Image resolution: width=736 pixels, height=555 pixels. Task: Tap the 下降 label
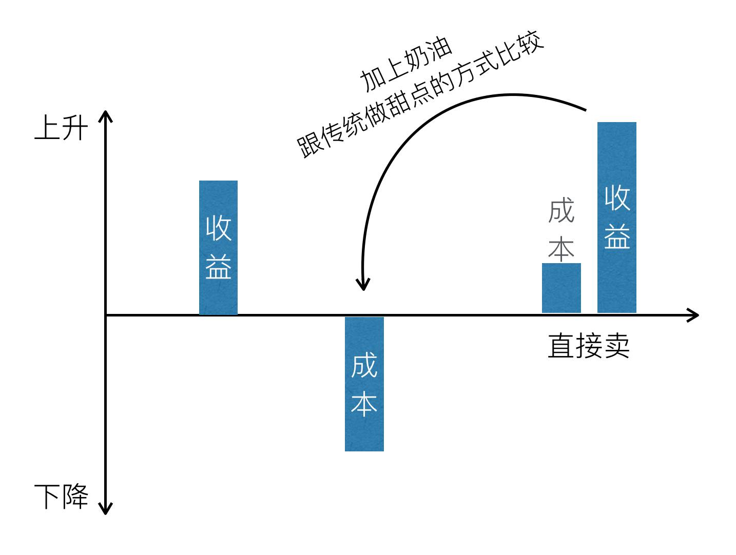click(x=61, y=497)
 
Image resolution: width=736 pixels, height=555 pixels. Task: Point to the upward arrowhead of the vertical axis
click(x=105, y=115)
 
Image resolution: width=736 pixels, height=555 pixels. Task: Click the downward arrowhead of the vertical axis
click(x=105, y=509)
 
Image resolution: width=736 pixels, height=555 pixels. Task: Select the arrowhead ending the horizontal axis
click(x=694, y=315)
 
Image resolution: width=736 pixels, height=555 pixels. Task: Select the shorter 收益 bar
click(x=218, y=247)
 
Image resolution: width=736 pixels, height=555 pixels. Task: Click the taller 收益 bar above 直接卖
click(x=616, y=217)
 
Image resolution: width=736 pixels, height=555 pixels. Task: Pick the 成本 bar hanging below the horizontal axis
click(x=364, y=384)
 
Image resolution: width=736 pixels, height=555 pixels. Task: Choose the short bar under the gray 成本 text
click(x=561, y=288)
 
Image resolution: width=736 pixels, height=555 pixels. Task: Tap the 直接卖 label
click(x=588, y=346)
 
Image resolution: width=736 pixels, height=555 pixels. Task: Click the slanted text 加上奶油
click(x=406, y=65)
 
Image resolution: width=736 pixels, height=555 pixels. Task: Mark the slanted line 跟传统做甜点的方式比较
click(x=420, y=97)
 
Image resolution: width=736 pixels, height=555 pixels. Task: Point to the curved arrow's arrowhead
click(x=363, y=285)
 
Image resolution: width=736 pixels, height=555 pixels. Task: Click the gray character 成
click(x=560, y=211)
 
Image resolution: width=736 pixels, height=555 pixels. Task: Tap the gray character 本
click(x=560, y=248)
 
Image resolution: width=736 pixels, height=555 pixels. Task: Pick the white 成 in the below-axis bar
click(x=364, y=365)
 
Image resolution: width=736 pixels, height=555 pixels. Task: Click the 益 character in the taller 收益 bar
click(x=616, y=236)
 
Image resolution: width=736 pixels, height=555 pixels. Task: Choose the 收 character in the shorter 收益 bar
click(x=218, y=228)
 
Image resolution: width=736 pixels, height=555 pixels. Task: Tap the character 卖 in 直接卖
click(x=616, y=346)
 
